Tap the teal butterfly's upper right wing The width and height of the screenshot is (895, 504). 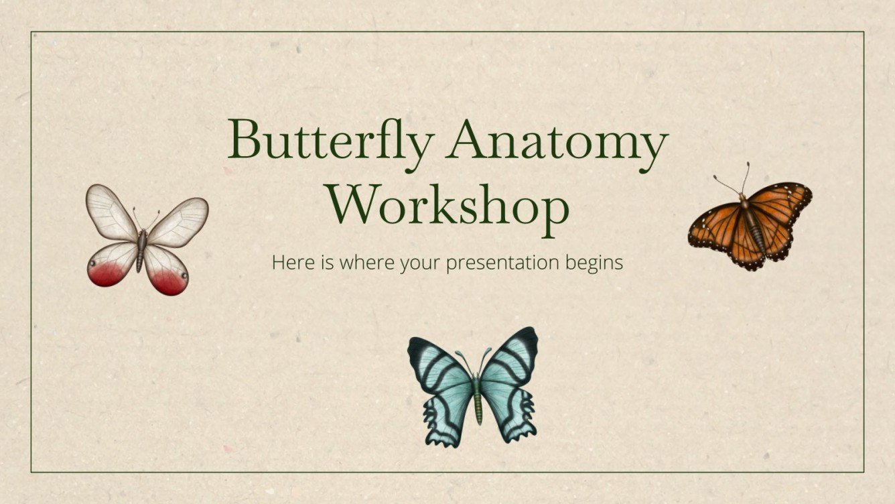[512, 362]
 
